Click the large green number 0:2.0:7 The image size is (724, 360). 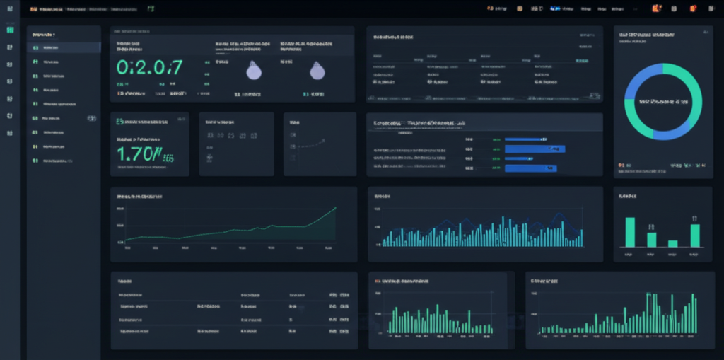click(x=149, y=67)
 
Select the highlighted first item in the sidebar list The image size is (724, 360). click(x=64, y=47)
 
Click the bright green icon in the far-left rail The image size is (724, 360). click(x=9, y=30)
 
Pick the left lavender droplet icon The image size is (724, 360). click(x=253, y=70)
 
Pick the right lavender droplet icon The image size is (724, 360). click(x=317, y=70)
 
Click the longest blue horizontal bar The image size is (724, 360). click(x=536, y=149)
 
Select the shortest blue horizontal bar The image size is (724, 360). click(x=524, y=139)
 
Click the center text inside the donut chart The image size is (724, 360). click(x=662, y=102)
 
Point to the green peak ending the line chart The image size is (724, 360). click(x=334, y=209)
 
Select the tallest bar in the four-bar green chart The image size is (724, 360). click(x=630, y=232)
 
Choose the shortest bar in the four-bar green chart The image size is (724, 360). click(x=672, y=243)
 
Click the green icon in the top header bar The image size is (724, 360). click(x=150, y=8)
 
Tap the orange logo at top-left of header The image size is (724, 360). click(x=33, y=9)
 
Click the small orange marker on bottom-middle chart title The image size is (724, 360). click(x=377, y=281)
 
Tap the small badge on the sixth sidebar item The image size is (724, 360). click(x=91, y=118)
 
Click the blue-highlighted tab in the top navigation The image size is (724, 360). click(x=555, y=8)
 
